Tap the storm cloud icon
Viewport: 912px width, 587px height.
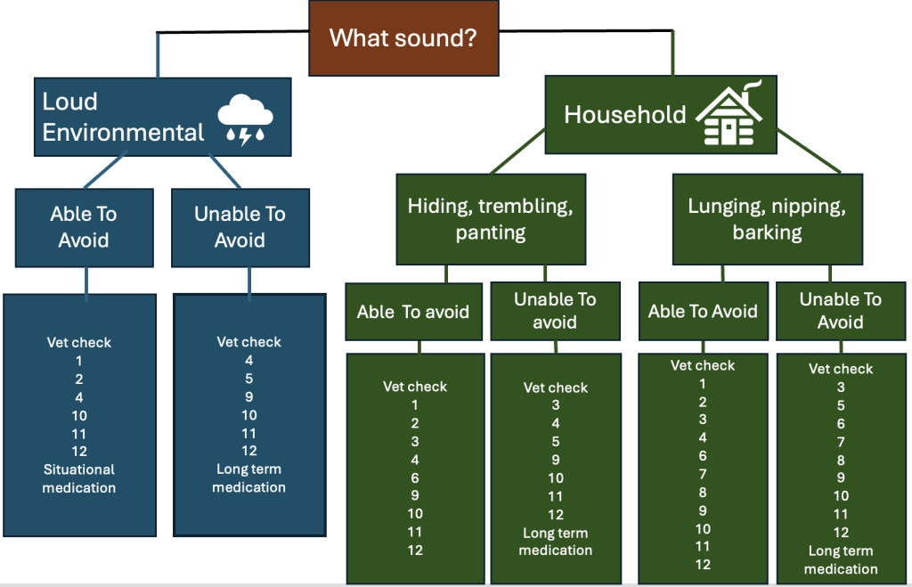[245, 121]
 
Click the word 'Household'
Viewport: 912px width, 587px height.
[625, 115]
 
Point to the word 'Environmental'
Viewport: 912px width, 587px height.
[123, 133]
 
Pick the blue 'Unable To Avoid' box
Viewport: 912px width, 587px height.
[240, 227]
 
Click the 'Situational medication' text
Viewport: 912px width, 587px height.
[79, 478]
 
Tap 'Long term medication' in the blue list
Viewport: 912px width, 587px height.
[249, 478]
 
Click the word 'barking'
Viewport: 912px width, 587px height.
[767, 233]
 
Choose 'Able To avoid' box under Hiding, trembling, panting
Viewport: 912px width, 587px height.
[412, 312]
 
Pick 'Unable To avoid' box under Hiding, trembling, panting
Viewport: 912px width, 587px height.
[555, 311]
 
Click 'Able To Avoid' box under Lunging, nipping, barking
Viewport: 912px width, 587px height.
[703, 311]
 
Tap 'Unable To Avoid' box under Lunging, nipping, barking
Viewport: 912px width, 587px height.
[841, 310]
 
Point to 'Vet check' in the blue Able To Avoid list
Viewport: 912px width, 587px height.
[79, 342]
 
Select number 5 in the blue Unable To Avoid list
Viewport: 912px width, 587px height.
[249, 379]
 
